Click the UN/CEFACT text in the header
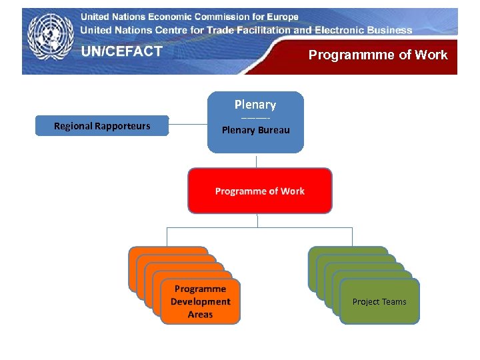pyautogui.click(x=122, y=51)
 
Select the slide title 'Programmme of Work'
pyautogui.click(x=378, y=55)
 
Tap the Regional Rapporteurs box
pyautogui.click(x=102, y=126)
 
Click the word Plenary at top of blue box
pyautogui.click(x=255, y=105)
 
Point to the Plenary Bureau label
pyautogui.click(x=256, y=130)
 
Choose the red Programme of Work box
pyautogui.click(x=259, y=191)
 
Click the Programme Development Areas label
pyautogui.click(x=200, y=301)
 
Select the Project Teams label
pyautogui.click(x=379, y=302)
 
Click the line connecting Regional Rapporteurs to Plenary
pyautogui.click(x=188, y=124)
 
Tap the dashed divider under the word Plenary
pyautogui.click(x=255, y=118)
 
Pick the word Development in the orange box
pyautogui.click(x=200, y=301)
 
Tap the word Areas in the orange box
pyautogui.click(x=200, y=314)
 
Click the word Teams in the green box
pyautogui.click(x=393, y=302)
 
